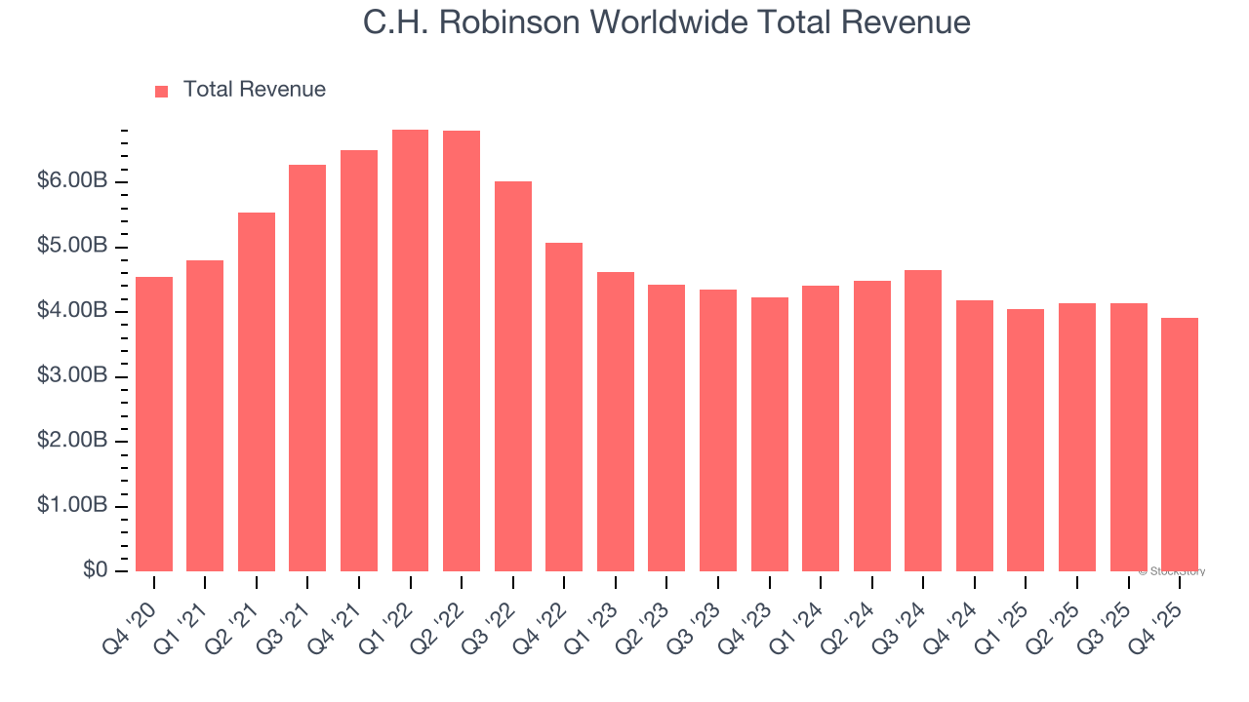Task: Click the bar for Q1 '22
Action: (x=410, y=351)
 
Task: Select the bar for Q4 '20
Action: (x=154, y=424)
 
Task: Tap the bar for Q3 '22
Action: (x=513, y=376)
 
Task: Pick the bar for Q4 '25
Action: (x=1180, y=445)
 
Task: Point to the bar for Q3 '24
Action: (x=923, y=420)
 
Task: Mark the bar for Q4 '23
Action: (x=769, y=434)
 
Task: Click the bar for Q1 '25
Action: (x=1026, y=440)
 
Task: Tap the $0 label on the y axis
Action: (x=95, y=570)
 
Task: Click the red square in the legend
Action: (x=162, y=91)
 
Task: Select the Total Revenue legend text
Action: (x=254, y=90)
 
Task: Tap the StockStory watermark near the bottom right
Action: (x=1172, y=571)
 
